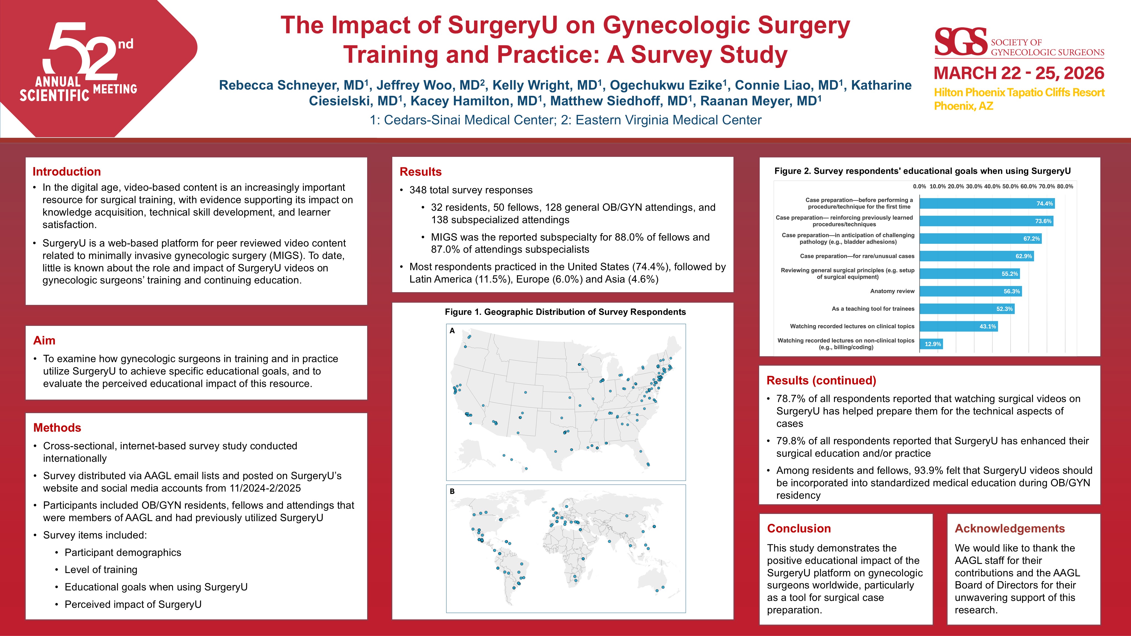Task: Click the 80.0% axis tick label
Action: pyautogui.click(x=1065, y=186)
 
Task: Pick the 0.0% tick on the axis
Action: pyautogui.click(x=919, y=186)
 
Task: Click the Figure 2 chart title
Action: pyautogui.click(x=922, y=171)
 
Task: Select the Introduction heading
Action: pyautogui.click(x=67, y=171)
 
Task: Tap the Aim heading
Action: pyautogui.click(x=44, y=341)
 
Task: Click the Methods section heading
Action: pyautogui.click(x=57, y=427)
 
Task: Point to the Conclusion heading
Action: pyautogui.click(x=799, y=529)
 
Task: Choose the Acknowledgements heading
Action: pyautogui.click(x=1009, y=529)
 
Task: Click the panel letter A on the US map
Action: pyautogui.click(x=452, y=331)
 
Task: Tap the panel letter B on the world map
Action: pyautogui.click(x=452, y=492)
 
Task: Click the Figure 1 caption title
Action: pyautogui.click(x=565, y=312)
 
